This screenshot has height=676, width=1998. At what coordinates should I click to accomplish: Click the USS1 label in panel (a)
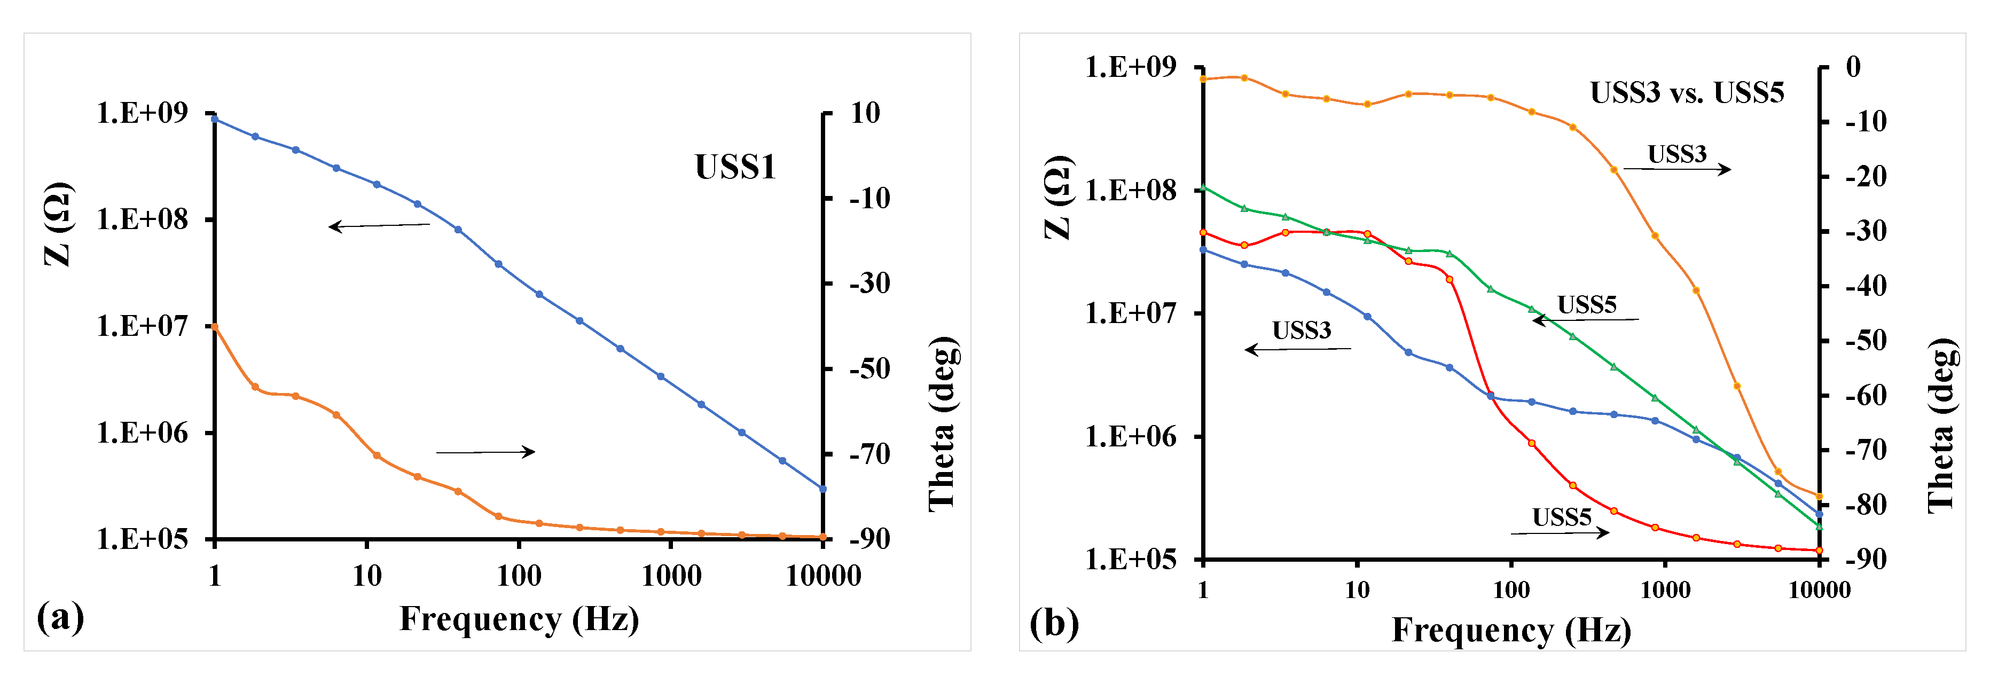(x=734, y=167)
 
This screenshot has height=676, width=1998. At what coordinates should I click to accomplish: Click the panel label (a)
(x=60, y=618)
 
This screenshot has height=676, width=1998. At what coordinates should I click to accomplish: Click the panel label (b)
(x=1053, y=623)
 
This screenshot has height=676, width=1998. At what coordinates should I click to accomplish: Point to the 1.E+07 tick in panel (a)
(x=142, y=326)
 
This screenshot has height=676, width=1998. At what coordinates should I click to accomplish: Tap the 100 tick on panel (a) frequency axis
(x=518, y=576)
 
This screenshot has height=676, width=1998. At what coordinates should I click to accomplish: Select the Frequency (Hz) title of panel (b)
(x=1511, y=630)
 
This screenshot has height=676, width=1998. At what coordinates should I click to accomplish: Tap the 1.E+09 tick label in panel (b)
(x=1130, y=67)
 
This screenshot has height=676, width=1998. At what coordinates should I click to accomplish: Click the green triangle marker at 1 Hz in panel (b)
(x=1203, y=187)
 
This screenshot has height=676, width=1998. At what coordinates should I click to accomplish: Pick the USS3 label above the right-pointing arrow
(x=1677, y=154)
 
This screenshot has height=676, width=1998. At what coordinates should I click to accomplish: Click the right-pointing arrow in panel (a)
(x=485, y=452)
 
